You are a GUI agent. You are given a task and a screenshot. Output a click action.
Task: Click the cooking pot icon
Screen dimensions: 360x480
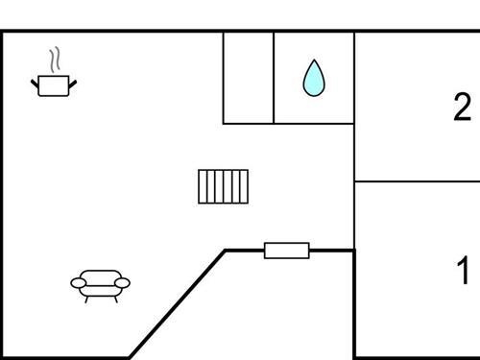tap(54, 85)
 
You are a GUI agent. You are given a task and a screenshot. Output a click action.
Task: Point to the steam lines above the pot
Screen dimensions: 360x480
tap(57, 60)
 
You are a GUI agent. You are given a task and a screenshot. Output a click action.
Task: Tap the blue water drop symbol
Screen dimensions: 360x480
tap(313, 79)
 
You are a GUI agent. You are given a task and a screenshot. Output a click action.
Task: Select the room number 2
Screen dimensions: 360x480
tap(463, 107)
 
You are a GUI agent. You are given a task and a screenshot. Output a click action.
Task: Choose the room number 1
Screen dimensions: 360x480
tap(463, 272)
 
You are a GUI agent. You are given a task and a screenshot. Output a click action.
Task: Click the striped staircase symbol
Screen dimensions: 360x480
tap(224, 186)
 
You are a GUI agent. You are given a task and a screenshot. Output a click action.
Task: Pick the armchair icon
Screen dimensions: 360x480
tap(100, 283)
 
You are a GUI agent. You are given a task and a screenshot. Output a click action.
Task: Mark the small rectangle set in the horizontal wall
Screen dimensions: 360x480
tap(287, 251)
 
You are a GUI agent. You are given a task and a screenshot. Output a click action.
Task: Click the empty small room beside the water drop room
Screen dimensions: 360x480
tap(249, 78)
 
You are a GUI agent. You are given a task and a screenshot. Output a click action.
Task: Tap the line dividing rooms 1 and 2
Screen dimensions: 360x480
tap(418, 180)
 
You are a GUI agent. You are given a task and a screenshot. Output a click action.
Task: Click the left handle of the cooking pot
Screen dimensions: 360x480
tap(36, 83)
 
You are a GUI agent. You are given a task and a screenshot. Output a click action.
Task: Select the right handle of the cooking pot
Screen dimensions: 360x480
tap(72, 83)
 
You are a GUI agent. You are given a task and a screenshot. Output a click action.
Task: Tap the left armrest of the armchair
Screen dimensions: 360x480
tap(78, 282)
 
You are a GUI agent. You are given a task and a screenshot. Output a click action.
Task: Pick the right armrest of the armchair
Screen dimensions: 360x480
tap(123, 282)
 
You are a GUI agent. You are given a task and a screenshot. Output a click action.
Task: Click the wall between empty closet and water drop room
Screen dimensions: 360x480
tap(274, 78)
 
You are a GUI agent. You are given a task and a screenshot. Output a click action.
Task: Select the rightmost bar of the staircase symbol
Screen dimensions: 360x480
tap(245, 186)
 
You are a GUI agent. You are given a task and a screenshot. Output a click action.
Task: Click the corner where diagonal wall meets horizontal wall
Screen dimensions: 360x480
tap(227, 251)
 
